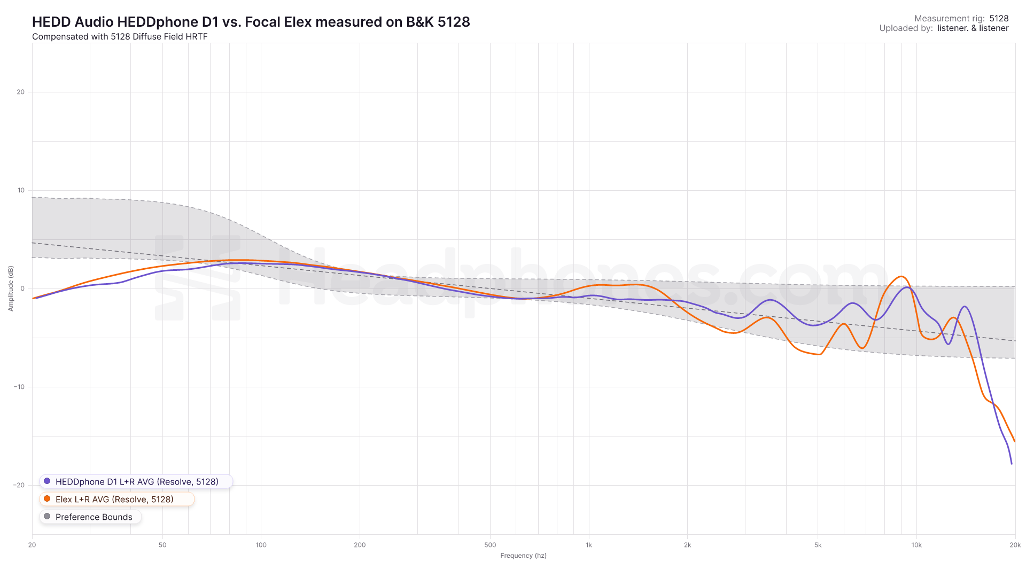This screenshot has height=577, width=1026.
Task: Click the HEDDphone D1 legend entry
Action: tap(136, 481)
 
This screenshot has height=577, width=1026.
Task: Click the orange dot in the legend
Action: tap(47, 499)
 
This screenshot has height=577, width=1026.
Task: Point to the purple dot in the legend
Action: tap(47, 481)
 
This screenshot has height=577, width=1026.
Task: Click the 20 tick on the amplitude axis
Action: tap(21, 92)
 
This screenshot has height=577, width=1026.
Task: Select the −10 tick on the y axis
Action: tap(19, 387)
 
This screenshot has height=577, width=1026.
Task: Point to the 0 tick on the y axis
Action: tap(22, 288)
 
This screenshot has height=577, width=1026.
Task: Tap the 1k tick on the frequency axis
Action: tap(589, 545)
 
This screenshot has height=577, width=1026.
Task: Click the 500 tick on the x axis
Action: tap(490, 545)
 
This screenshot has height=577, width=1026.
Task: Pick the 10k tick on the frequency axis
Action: tap(916, 545)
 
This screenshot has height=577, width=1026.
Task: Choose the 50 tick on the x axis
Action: tap(162, 545)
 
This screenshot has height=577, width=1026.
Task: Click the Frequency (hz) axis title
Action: tap(523, 556)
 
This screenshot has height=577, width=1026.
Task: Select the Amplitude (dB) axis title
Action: tap(11, 288)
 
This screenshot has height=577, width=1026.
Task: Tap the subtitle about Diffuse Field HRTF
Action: tap(120, 37)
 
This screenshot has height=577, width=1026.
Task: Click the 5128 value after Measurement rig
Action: tap(999, 18)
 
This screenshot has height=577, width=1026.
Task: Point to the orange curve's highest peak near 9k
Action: tap(901, 276)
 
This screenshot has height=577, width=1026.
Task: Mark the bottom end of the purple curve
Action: tap(1012, 464)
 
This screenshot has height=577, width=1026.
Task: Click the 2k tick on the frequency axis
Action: tap(687, 545)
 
